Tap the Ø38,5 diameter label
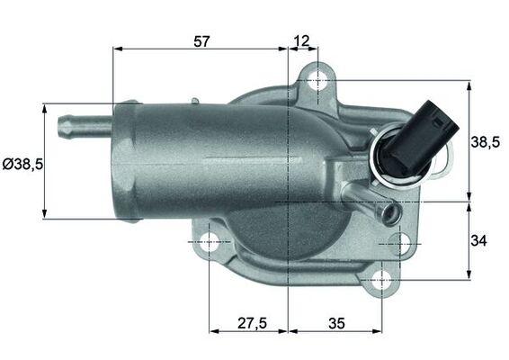coord(22,164)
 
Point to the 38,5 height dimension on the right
coord(485,141)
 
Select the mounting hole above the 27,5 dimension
coord(210,242)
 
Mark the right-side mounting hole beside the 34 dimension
coord(400,242)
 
